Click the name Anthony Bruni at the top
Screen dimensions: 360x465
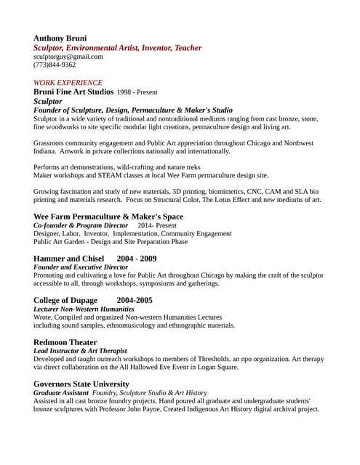click(60, 38)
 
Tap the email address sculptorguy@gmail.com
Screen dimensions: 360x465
click(68, 56)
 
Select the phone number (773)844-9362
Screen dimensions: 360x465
click(55, 65)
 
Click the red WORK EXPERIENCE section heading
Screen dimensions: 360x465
click(68, 83)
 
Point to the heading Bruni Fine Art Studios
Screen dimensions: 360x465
click(73, 92)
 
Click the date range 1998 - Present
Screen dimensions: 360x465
click(137, 93)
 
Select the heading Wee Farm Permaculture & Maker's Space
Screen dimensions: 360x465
click(108, 217)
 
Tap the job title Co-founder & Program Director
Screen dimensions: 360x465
click(81, 226)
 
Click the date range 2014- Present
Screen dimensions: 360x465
click(147, 226)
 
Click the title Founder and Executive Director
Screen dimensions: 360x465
click(81, 267)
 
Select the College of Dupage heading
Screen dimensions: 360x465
click(65, 300)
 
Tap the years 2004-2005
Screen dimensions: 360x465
click(135, 300)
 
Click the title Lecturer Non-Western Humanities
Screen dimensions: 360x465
click(84, 309)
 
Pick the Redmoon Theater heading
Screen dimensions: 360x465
click(65, 342)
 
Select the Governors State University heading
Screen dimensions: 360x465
click(81, 384)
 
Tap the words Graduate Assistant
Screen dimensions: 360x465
click(60, 392)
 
